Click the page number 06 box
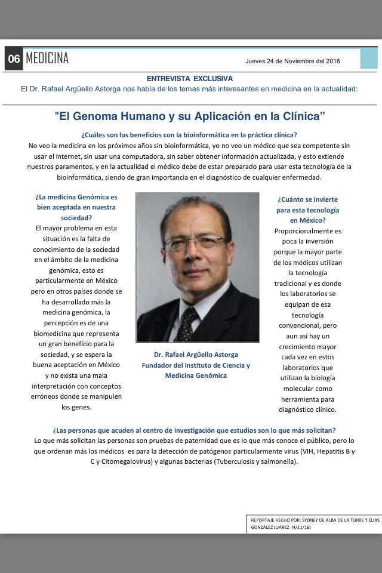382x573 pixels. point(14,59)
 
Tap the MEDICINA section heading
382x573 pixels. point(47,58)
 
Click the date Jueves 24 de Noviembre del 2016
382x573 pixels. point(293,61)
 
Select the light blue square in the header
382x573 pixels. point(368,58)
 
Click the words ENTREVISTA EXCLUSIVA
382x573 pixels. point(190,78)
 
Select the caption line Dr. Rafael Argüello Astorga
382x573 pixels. point(196,355)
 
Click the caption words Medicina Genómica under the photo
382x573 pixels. point(196,375)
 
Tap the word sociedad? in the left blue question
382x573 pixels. point(76,218)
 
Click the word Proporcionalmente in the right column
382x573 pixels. point(308,231)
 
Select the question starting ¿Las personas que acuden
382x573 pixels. point(194,430)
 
